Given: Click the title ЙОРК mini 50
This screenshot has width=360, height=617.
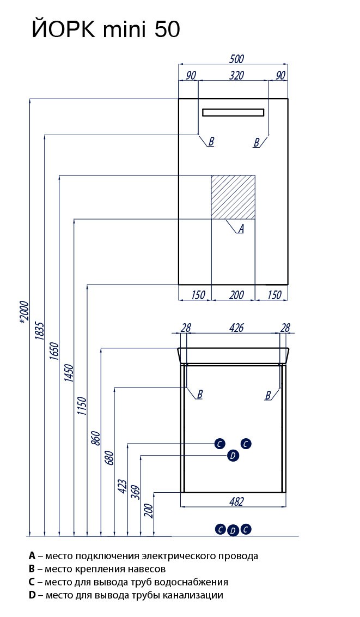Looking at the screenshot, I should point(105,28).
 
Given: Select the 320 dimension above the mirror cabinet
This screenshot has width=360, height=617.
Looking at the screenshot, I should point(236,76).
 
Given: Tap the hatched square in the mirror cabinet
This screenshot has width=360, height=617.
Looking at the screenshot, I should point(233,197).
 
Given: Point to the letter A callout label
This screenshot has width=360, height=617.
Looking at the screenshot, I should point(241,229).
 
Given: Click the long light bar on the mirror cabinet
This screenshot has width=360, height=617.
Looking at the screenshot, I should point(233,112).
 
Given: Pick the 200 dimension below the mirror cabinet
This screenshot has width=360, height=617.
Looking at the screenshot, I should point(236,295).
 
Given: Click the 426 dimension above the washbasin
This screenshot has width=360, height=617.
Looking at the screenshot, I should point(236,328).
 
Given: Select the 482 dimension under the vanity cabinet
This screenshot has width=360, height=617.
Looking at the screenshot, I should point(236,501).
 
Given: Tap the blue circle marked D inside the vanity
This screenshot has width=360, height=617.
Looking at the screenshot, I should point(233,456).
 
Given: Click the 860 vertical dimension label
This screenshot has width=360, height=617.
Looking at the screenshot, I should point(95,438).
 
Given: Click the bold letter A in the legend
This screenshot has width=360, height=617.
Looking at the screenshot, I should point(32,556).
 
